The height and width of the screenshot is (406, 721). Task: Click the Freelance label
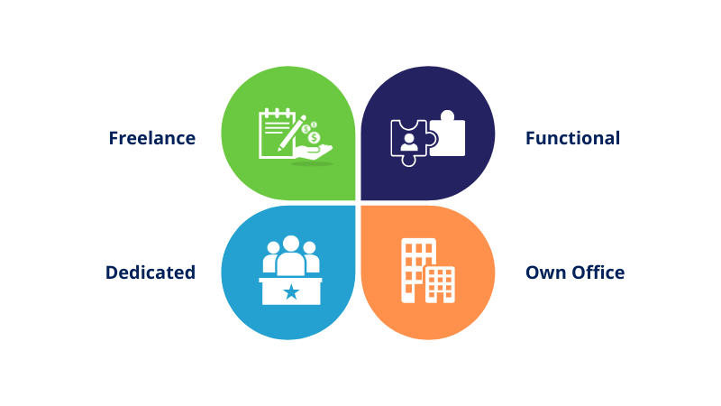click(152, 138)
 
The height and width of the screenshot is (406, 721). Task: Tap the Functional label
click(572, 138)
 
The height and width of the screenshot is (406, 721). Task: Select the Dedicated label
click(151, 272)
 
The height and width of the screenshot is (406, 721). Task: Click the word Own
click(545, 272)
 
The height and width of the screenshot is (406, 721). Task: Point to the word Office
click(598, 272)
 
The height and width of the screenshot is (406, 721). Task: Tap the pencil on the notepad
click(292, 133)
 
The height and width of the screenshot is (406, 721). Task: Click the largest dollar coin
click(315, 137)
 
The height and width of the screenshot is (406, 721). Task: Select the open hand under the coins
click(314, 152)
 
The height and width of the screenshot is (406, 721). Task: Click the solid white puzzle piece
click(447, 134)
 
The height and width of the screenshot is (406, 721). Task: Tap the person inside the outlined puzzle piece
click(409, 143)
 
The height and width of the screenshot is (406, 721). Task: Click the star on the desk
click(291, 291)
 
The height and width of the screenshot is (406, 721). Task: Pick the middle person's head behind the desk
click(291, 244)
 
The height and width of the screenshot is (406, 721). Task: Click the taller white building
click(417, 270)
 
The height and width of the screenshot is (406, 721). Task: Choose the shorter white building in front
click(440, 284)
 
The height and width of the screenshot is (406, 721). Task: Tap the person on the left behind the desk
click(270, 257)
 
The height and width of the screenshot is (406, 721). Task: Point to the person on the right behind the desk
click(311, 257)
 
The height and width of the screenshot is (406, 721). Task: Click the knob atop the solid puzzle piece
click(447, 115)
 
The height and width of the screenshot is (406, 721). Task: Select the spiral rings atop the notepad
click(278, 112)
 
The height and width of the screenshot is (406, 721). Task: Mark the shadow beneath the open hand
click(312, 163)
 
